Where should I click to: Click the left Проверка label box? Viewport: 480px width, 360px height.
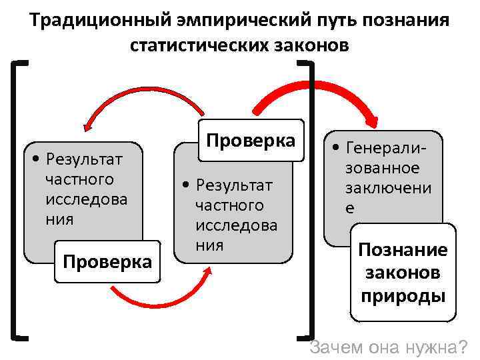(x=107, y=261)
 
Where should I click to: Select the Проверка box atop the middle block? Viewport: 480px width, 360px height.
(x=251, y=141)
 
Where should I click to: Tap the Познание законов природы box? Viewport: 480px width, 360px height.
(x=403, y=273)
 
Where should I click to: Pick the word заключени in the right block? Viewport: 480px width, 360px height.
(x=388, y=187)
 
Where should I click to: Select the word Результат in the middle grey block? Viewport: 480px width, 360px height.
(x=235, y=185)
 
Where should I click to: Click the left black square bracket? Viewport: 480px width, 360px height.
(x=16, y=200)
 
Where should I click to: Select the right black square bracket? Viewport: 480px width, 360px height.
(x=310, y=200)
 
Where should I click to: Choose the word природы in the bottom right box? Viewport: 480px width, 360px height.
(x=403, y=295)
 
